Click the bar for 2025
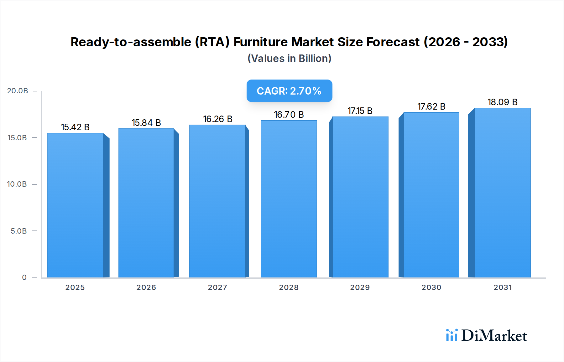pyautogui.click(x=75, y=205)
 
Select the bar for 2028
pyautogui.click(x=289, y=199)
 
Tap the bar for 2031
pyautogui.click(x=503, y=193)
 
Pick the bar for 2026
pyautogui.click(x=146, y=203)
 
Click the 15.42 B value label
pyautogui.click(x=75, y=127)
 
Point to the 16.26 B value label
pyautogui.click(x=217, y=119)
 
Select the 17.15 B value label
pyautogui.click(x=360, y=111)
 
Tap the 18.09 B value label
pyautogui.click(x=502, y=102)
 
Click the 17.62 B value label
pyautogui.click(x=431, y=106)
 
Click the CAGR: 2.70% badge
pyautogui.click(x=289, y=91)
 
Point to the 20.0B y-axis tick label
pyautogui.click(x=18, y=91)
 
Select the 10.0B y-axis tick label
pyautogui.click(x=17, y=184)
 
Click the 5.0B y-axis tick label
pyautogui.click(x=19, y=231)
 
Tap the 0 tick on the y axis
pyautogui.click(x=24, y=277)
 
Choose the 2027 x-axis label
pyautogui.click(x=217, y=287)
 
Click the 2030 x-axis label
pyautogui.click(x=431, y=287)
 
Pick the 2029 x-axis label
pyautogui.click(x=360, y=287)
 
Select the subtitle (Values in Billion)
pyautogui.click(x=289, y=59)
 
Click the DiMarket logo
pyautogui.click(x=487, y=335)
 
